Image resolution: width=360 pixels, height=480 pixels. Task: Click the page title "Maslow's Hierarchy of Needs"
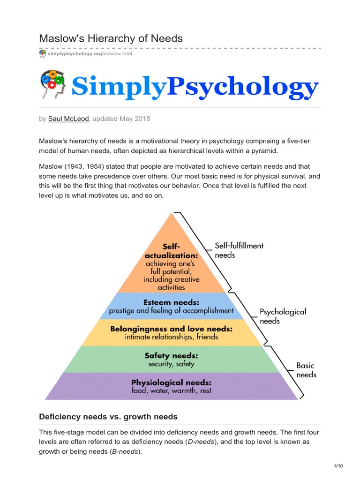point(111,38)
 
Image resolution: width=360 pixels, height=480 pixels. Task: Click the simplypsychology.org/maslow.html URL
point(90,54)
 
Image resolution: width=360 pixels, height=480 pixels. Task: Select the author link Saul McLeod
point(68,119)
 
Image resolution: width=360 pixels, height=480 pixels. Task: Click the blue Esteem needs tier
point(171,306)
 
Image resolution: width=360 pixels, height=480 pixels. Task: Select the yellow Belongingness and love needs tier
point(171,333)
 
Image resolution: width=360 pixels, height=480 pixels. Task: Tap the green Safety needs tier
point(171,360)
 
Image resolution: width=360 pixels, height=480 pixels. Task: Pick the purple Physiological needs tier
point(171,386)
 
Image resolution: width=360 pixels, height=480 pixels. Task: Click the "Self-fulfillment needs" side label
point(239,250)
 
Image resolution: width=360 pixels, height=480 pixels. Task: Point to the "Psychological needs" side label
point(283,316)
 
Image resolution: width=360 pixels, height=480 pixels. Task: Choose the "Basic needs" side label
point(306,370)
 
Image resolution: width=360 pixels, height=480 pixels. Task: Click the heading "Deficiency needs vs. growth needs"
point(108,417)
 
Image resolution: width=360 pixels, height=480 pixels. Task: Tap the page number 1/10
point(338,466)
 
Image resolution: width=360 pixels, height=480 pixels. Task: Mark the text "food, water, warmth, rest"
point(171,390)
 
